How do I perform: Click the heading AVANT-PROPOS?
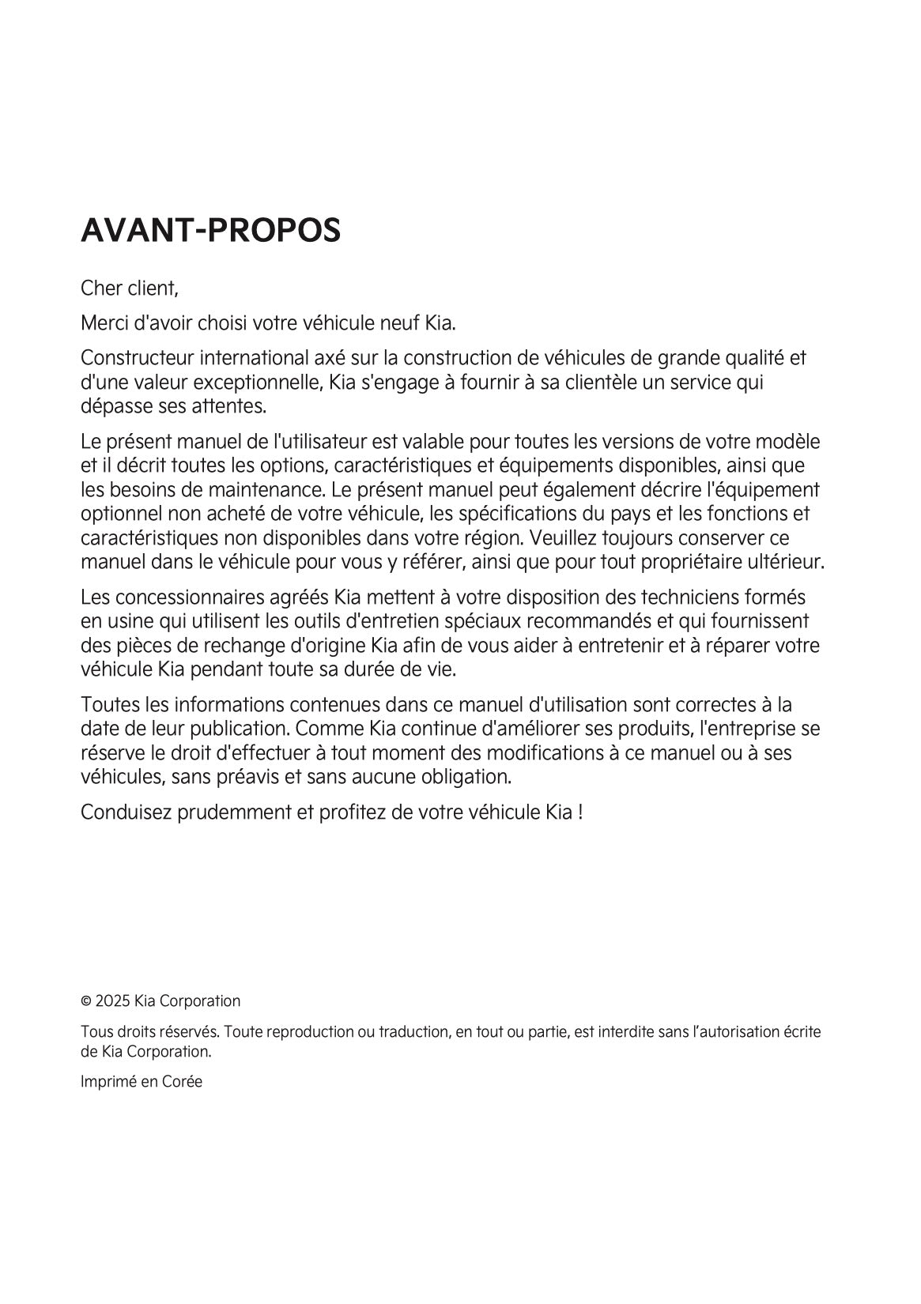tap(211, 230)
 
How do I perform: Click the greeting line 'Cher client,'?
tap(130, 288)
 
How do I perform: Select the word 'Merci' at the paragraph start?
tap(103, 323)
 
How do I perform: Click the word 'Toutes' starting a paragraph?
tap(108, 704)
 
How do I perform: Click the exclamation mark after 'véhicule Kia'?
tap(580, 812)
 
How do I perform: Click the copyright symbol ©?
tap(86, 1002)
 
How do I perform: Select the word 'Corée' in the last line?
tap(182, 1082)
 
